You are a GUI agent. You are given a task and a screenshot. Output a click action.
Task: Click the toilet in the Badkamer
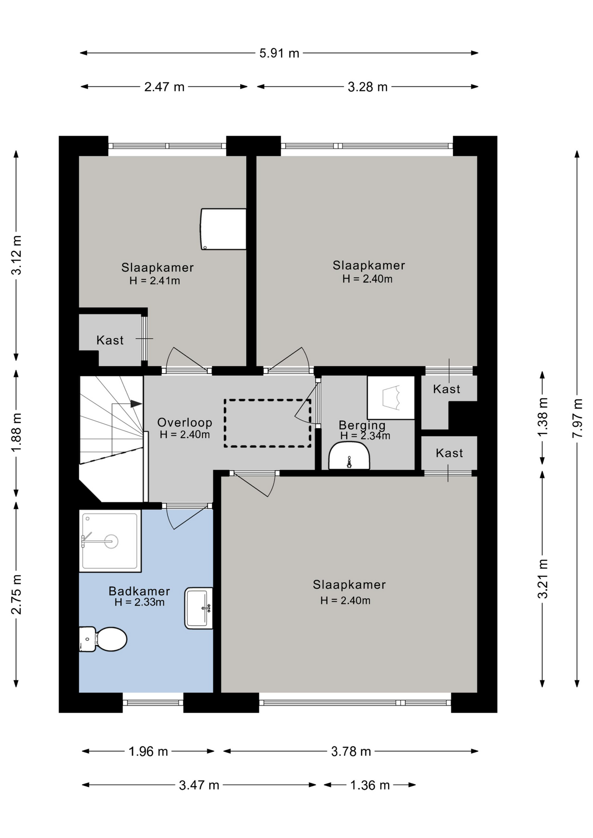click(103, 639)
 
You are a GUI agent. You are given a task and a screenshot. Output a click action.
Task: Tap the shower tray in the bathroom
click(110, 541)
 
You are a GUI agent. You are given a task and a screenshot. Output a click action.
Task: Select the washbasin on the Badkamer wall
click(199, 608)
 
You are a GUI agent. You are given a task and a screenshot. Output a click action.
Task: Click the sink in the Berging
click(349, 456)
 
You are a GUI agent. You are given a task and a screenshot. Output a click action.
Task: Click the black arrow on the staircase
click(136, 404)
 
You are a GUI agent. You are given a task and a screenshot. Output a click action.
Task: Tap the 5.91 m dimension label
click(279, 53)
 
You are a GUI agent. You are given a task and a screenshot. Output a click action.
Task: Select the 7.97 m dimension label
click(577, 418)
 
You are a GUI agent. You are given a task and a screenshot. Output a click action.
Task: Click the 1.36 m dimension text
click(370, 785)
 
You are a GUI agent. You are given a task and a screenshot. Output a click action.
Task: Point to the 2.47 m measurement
click(164, 87)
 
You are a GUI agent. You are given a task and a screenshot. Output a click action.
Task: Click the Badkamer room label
click(139, 591)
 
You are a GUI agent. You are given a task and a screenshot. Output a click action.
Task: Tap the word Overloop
click(185, 422)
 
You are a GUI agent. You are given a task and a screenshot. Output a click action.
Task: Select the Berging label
click(362, 425)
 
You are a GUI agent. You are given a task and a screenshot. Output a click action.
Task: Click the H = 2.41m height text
click(155, 281)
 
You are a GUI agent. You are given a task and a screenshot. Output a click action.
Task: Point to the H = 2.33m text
click(139, 602)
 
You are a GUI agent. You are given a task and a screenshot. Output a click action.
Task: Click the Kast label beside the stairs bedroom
click(110, 340)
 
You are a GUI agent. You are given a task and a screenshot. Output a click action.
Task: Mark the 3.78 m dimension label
click(351, 751)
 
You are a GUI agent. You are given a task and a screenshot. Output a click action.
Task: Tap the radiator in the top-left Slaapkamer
click(223, 229)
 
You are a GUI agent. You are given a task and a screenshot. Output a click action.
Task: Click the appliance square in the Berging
click(391, 398)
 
